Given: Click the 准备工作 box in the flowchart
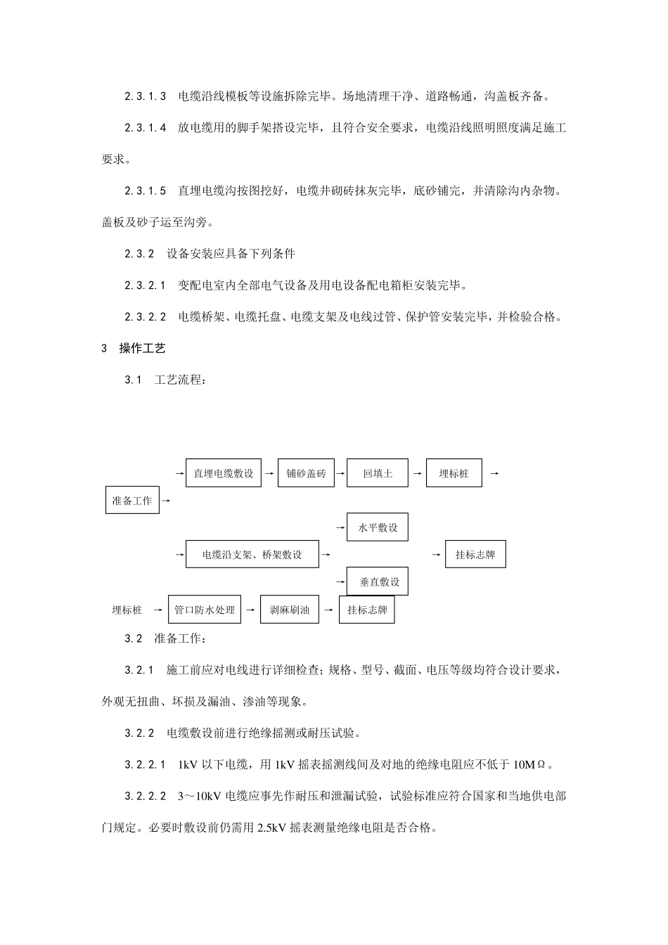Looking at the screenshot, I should coord(132,501).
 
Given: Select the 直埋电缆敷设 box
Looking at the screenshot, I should coord(224,473).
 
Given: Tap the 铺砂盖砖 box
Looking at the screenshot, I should coord(306,473).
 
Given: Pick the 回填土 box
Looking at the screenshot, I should coord(378,473).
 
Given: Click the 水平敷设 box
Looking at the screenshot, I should coord(378,527).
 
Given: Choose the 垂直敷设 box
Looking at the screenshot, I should coord(378,581).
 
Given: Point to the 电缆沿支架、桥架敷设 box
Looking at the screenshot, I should coord(252,555).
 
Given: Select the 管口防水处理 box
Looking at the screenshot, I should coord(205,610).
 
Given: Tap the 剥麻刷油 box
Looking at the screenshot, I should coord(289,610).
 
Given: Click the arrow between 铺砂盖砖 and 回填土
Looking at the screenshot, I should coord(341,473).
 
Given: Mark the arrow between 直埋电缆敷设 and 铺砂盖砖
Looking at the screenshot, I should coord(269,473).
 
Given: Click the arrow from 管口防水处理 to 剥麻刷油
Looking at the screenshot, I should coord(250,610).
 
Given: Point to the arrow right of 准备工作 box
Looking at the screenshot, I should coord(166,501).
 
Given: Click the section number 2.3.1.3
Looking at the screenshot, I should coord(146,96).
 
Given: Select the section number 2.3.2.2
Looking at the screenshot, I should coord(146,316).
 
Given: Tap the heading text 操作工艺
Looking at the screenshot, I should coord(142,348).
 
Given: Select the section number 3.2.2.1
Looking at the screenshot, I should coord(146,764).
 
